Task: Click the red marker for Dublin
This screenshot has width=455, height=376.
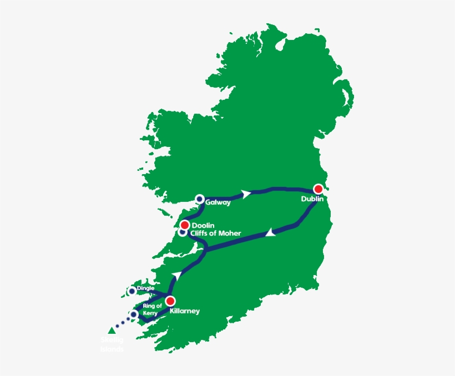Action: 318,189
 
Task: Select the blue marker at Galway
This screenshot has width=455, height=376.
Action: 199,199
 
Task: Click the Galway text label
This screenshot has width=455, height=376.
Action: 218,203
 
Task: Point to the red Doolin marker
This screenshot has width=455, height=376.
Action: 184,225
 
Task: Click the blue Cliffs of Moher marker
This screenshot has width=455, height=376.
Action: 182,233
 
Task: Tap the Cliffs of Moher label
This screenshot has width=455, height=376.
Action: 216,233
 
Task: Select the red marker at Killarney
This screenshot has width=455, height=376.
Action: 170,301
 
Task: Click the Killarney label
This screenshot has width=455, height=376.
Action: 185,311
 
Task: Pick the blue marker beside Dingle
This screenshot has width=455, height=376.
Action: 132,291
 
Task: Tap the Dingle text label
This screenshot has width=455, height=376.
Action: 145,288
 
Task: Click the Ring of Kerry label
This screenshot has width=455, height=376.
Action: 151,309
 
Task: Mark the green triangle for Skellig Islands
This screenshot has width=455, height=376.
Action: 112,331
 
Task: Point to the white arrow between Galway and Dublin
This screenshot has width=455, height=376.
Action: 245,194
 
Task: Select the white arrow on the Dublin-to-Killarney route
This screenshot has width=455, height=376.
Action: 270,233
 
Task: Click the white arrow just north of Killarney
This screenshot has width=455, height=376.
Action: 177,276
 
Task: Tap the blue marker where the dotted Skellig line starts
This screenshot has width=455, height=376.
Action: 133,315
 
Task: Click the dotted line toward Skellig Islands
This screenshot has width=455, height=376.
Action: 123,322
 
